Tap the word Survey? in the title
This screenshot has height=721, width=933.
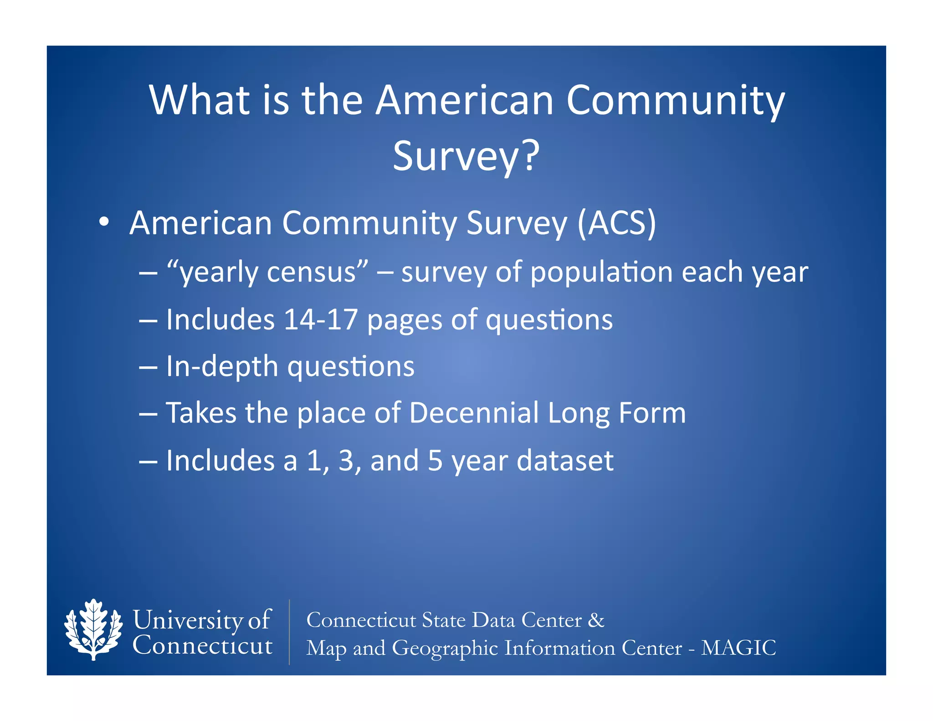[466, 156]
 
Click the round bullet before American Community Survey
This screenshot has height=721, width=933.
[104, 222]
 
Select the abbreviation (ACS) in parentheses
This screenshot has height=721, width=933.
[617, 223]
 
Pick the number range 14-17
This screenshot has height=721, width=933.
[320, 319]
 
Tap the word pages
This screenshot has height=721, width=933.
[405, 320]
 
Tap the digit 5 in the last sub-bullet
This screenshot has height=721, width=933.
[435, 460]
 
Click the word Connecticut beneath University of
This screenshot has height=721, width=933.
[202, 646]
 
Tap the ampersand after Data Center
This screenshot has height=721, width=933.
[596, 620]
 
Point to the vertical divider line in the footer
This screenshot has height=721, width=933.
[289, 632]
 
